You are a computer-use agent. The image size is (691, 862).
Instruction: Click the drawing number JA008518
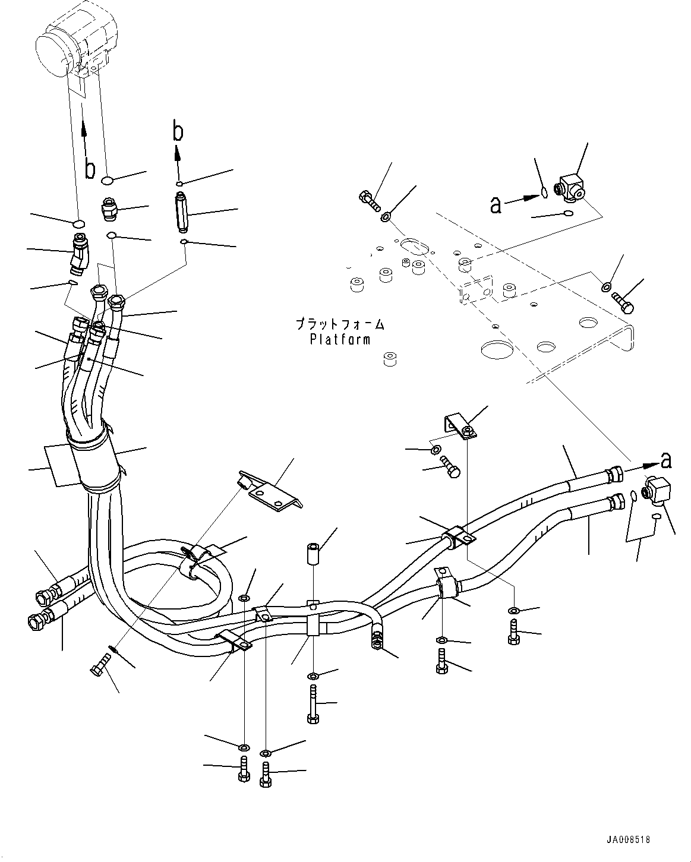(628, 840)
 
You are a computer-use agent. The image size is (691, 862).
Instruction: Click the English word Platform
(340, 340)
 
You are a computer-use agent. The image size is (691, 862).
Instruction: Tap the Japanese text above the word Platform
(340, 325)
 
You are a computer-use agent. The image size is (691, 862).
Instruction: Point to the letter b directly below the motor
(90, 169)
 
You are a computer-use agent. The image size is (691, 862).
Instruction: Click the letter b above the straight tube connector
(178, 132)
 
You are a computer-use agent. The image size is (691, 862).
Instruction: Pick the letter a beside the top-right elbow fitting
(496, 205)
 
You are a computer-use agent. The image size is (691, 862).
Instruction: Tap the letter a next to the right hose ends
(667, 460)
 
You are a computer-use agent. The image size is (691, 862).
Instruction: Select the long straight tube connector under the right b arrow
(182, 212)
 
